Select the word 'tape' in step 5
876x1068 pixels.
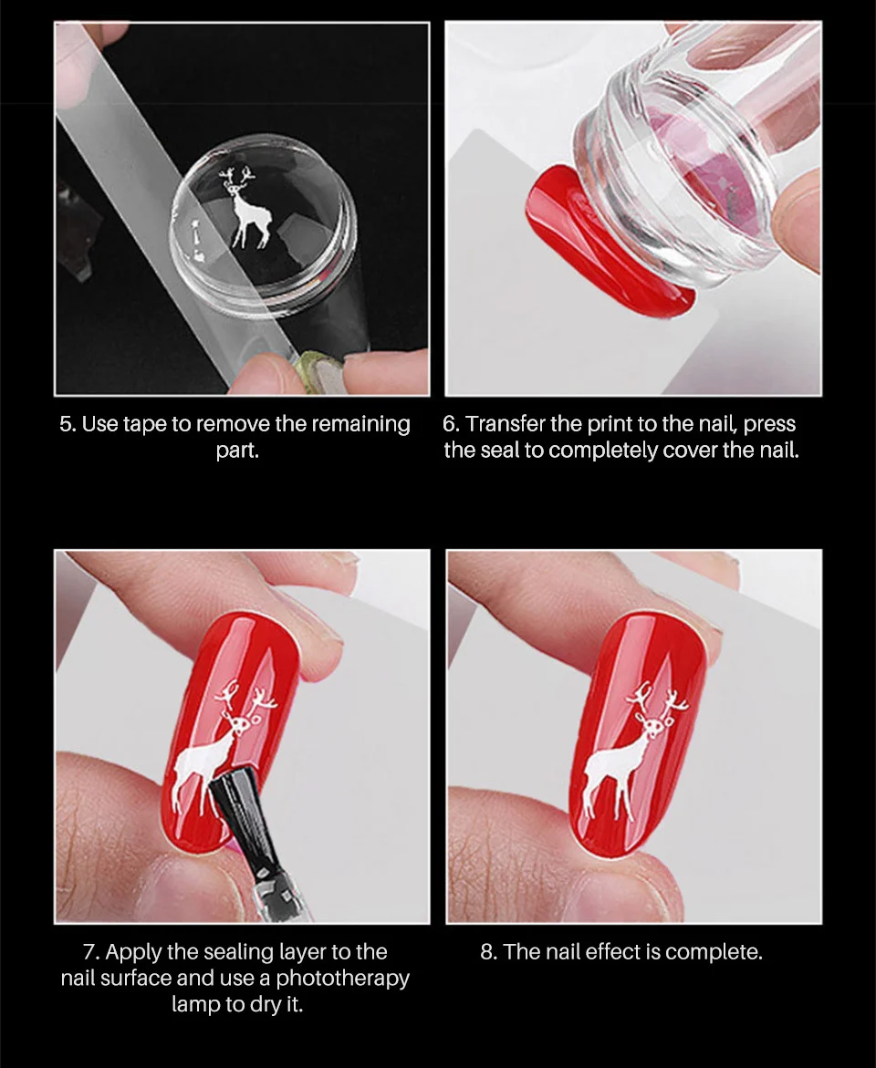click(144, 424)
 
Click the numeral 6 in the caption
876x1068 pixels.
click(449, 424)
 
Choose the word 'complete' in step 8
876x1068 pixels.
click(713, 952)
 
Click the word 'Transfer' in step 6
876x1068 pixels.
click(506, 424)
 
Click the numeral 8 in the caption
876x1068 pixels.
click(486, 952)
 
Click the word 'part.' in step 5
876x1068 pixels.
click(237, 451)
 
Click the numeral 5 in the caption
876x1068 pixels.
click(66, 424)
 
